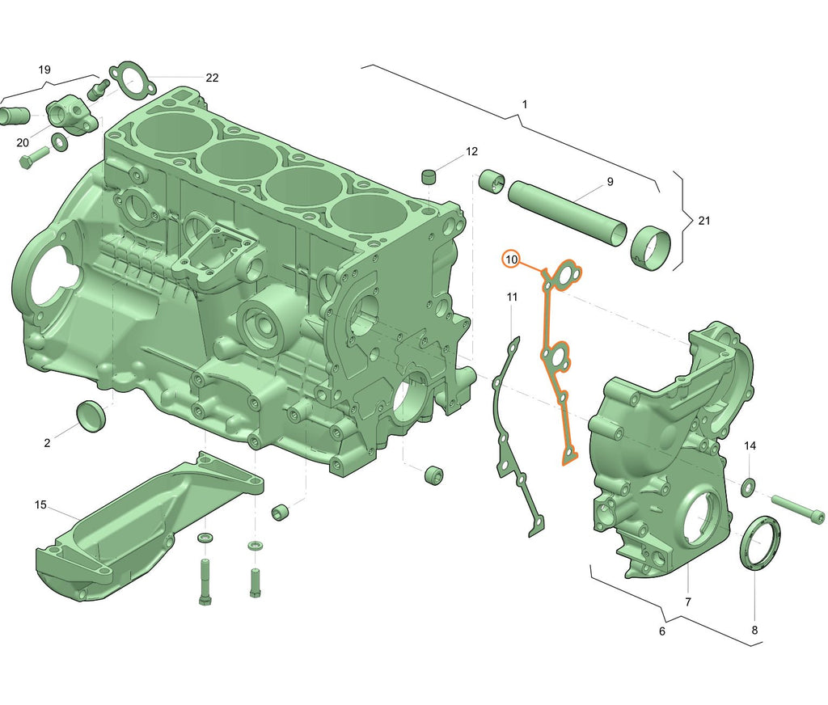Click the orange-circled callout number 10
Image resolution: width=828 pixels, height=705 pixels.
pyautogui.click(x=511, y=260)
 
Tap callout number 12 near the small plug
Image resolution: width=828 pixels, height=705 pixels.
pyautogui.click(x=471, y=151)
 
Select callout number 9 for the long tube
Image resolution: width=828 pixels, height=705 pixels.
pyautogui.click(x=610, y=181)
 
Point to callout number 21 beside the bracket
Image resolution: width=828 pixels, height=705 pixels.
pyautogui.click(x=703, y=221)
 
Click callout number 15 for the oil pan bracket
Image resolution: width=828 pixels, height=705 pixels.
pyautogui.click(x=40, y=504)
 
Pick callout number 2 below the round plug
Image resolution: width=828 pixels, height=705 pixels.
pyautogui.click(x=47, y=442)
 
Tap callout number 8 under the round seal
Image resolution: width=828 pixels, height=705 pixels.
pyautogui.click(x=754, y=630)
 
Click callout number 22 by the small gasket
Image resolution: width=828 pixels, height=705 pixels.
pyautogui.click(x=212, y=78)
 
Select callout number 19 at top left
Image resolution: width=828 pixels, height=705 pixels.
pyautogui.click(x=44, y=70)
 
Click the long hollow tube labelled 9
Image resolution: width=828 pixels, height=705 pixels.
pyautogui.click(x=566, y=212)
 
